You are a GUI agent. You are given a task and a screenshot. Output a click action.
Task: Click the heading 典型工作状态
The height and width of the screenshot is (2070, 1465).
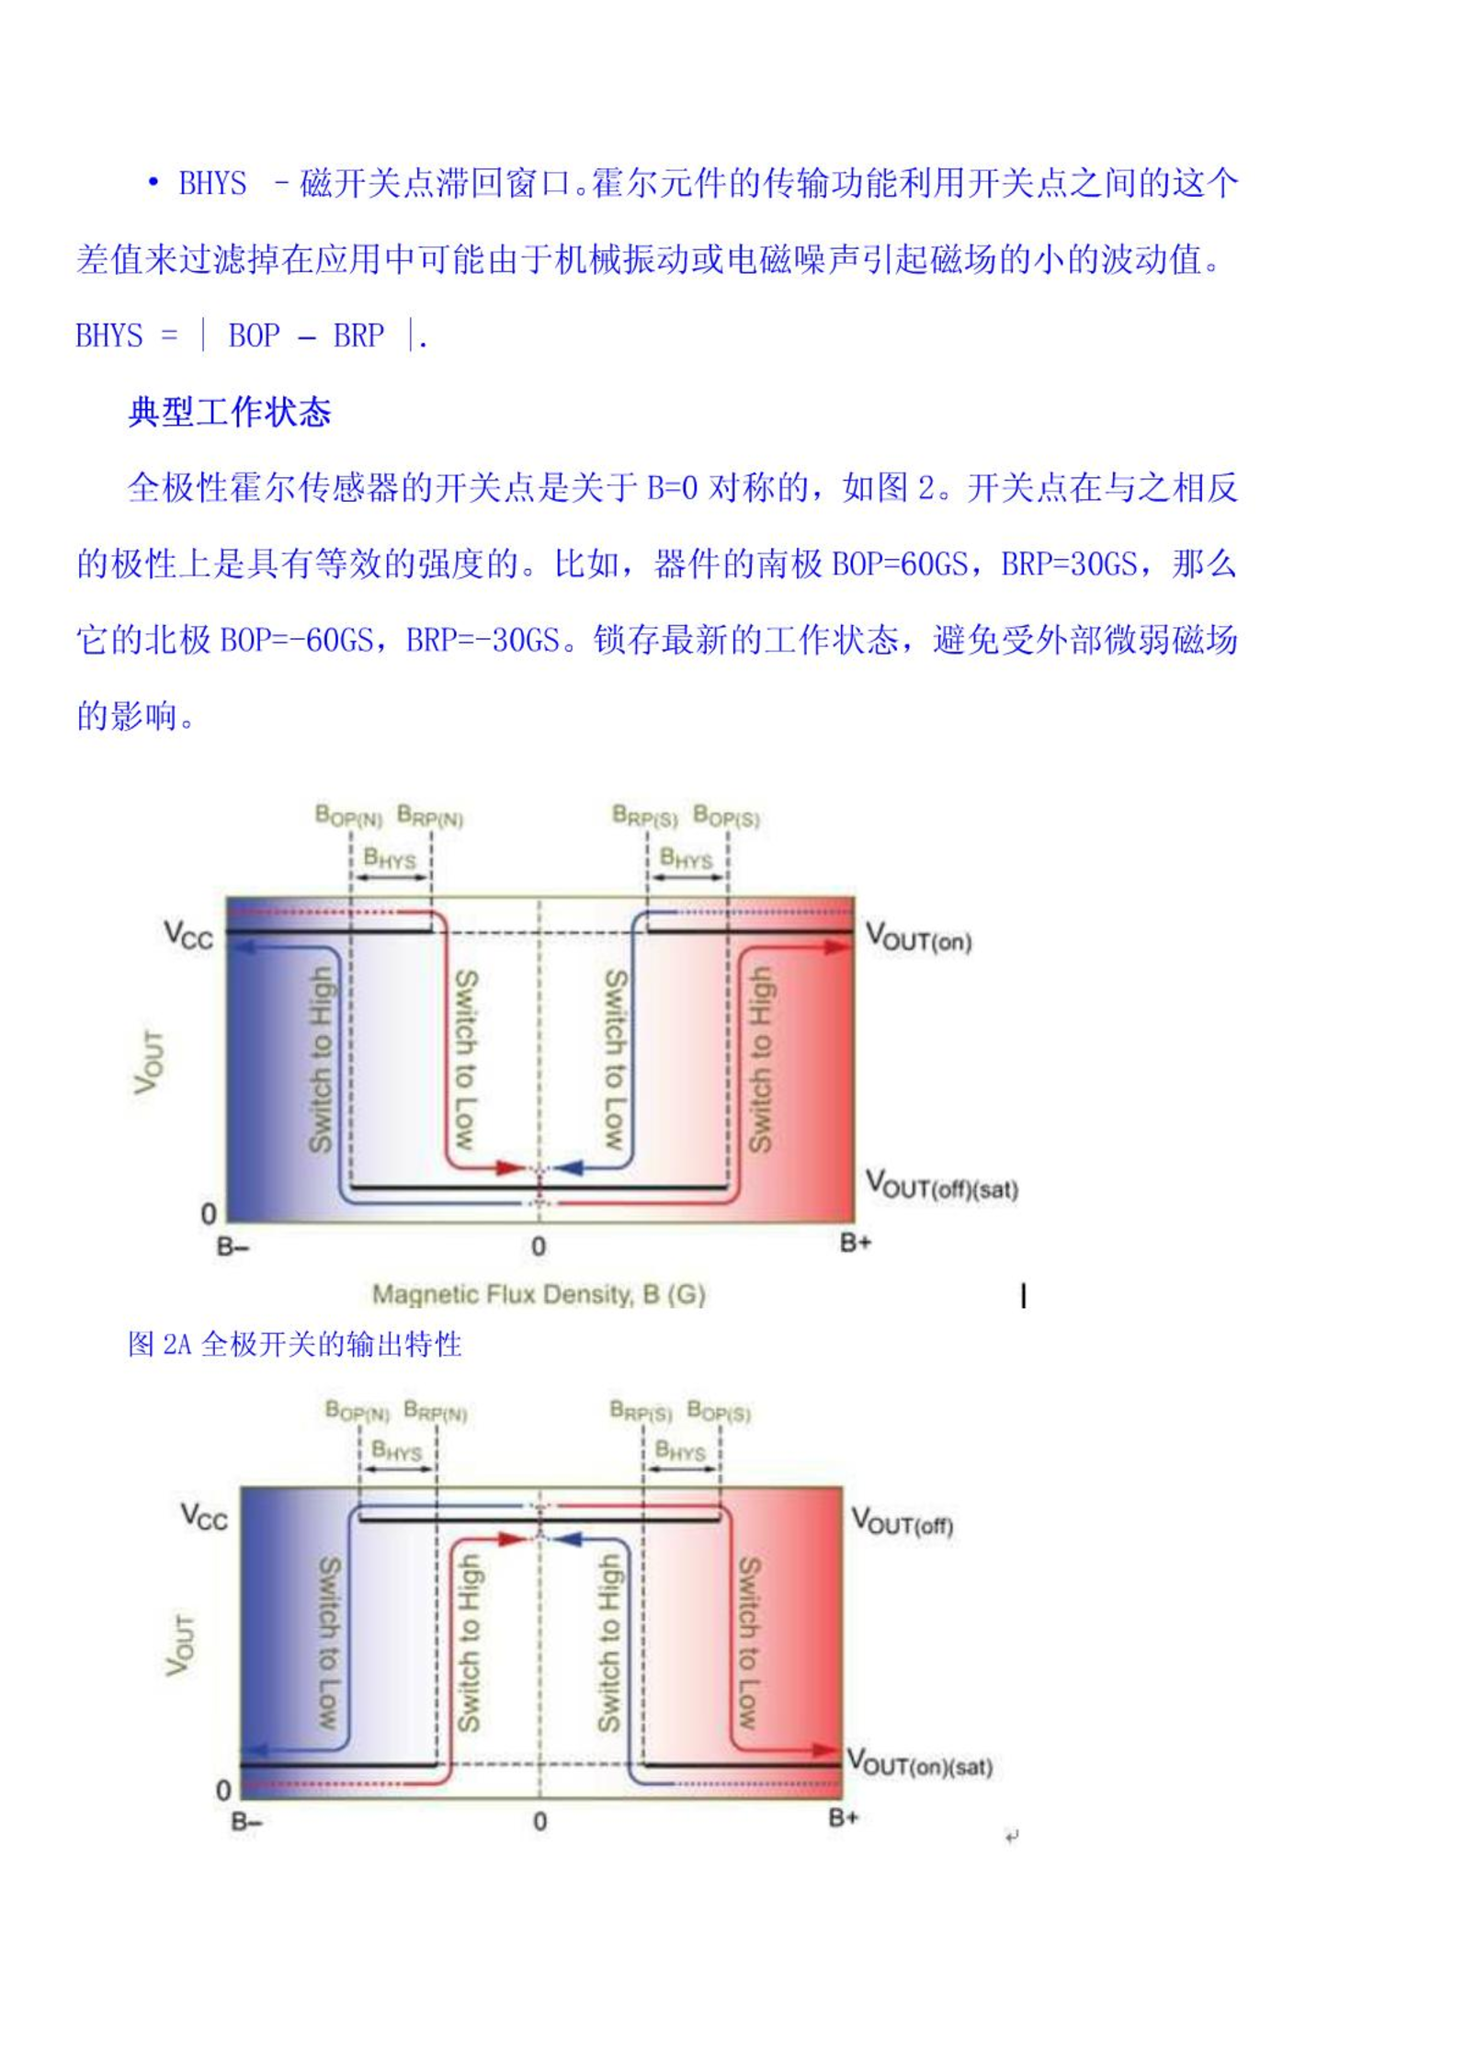point(230,412)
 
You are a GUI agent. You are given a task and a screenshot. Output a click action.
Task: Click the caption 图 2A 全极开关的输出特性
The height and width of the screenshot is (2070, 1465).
point(294,1345)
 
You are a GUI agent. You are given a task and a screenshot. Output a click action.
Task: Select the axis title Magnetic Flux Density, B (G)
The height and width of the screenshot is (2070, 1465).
point(539,1295)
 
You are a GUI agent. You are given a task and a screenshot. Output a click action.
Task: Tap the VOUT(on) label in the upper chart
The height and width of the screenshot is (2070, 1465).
point(918,938)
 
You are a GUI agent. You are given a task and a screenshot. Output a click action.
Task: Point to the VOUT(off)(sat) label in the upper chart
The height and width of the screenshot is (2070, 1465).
point(942,1185)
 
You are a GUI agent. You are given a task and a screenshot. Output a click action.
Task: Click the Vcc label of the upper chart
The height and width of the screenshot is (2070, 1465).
point(188,936)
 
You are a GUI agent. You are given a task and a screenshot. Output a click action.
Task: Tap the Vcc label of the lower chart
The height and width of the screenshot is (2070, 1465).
point(203,1516)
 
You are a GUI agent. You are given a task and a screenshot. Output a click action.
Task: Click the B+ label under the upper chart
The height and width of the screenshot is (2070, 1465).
point(855,1244)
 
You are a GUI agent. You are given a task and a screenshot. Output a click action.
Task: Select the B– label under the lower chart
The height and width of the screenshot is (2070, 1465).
point(246,1821)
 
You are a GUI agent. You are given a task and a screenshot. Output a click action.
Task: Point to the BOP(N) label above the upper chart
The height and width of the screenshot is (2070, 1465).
point(348,816)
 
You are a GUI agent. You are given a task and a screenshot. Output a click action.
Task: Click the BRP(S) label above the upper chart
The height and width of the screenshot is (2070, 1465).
point(645,816)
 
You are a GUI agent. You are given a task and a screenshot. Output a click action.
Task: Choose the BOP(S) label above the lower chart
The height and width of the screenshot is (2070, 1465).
point(719,1411)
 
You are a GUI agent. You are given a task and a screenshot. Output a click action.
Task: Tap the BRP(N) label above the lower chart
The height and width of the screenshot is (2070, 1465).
point(436,1411)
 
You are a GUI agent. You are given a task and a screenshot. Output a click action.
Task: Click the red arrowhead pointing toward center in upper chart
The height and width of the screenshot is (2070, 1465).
point(511,1168)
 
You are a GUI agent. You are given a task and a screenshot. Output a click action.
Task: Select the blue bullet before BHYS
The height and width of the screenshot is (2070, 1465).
point(153,183)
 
